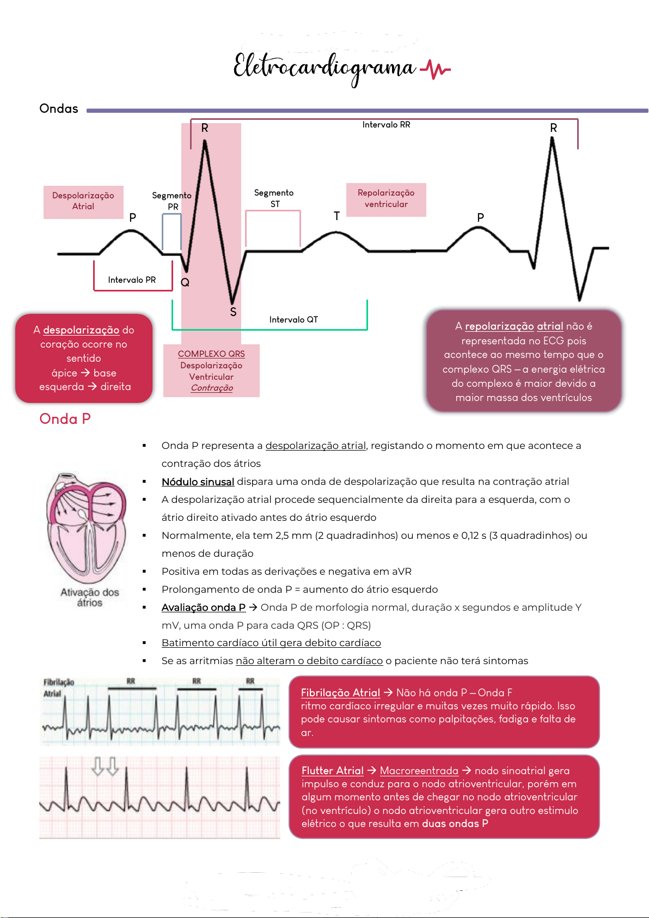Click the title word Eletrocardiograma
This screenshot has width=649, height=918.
click(x=324, y=68)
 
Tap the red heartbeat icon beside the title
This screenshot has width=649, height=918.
click(x=436, y=70)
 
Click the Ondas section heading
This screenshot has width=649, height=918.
click(x=59, y=108)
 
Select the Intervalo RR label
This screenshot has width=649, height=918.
click(x=386, y=125)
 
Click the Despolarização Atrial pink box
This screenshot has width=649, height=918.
click(x=83, y=202)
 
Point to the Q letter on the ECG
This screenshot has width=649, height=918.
click(x=185, y=282)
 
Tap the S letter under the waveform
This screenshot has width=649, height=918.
click(x=233, y=312)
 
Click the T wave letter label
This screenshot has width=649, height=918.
click(x=336, y=216)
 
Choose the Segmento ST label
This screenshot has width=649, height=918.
click(x=274, y=198)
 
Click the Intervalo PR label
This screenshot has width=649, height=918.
click(x=132, y=280)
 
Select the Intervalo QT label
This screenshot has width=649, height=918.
click(x=293, y=320)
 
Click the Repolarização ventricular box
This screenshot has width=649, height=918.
click(x=386, y=199)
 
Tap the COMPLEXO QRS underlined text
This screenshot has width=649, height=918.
click(x=211, y=354)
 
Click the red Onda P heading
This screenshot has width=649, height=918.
click(x=65, y=419)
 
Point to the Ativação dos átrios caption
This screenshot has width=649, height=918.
click(x=89, y=598)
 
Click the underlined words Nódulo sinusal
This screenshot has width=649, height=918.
click(x=198, y=482)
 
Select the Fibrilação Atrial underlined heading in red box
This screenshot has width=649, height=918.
click(x=340, y=692)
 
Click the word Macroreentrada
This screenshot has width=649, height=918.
click(x=419, y=770)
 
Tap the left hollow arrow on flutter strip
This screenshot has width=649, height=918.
click(x=97, y=765)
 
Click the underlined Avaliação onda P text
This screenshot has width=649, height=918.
click(x=204, y=607)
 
